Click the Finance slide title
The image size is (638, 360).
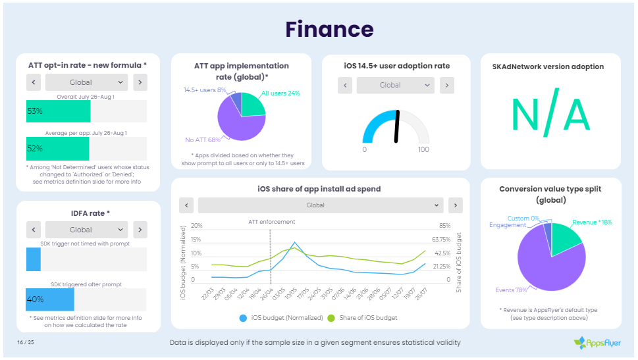click(329, 30)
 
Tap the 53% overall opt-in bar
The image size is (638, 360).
click(58, 111)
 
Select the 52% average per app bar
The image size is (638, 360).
click(58, 148)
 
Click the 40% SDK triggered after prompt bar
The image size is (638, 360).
click(50, 299)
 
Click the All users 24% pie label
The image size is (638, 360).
click(280, 93)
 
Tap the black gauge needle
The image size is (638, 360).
click(397, 125)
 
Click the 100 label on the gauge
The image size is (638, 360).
click(423, 149)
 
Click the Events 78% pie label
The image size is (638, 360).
click(511, 290)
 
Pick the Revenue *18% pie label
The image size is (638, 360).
click(593, 222)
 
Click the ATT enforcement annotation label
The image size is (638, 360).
click(271, 222)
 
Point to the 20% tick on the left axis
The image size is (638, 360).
click(196, 225)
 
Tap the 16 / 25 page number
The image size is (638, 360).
click(26, 342)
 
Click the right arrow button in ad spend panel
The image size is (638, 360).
click(456, 205)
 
